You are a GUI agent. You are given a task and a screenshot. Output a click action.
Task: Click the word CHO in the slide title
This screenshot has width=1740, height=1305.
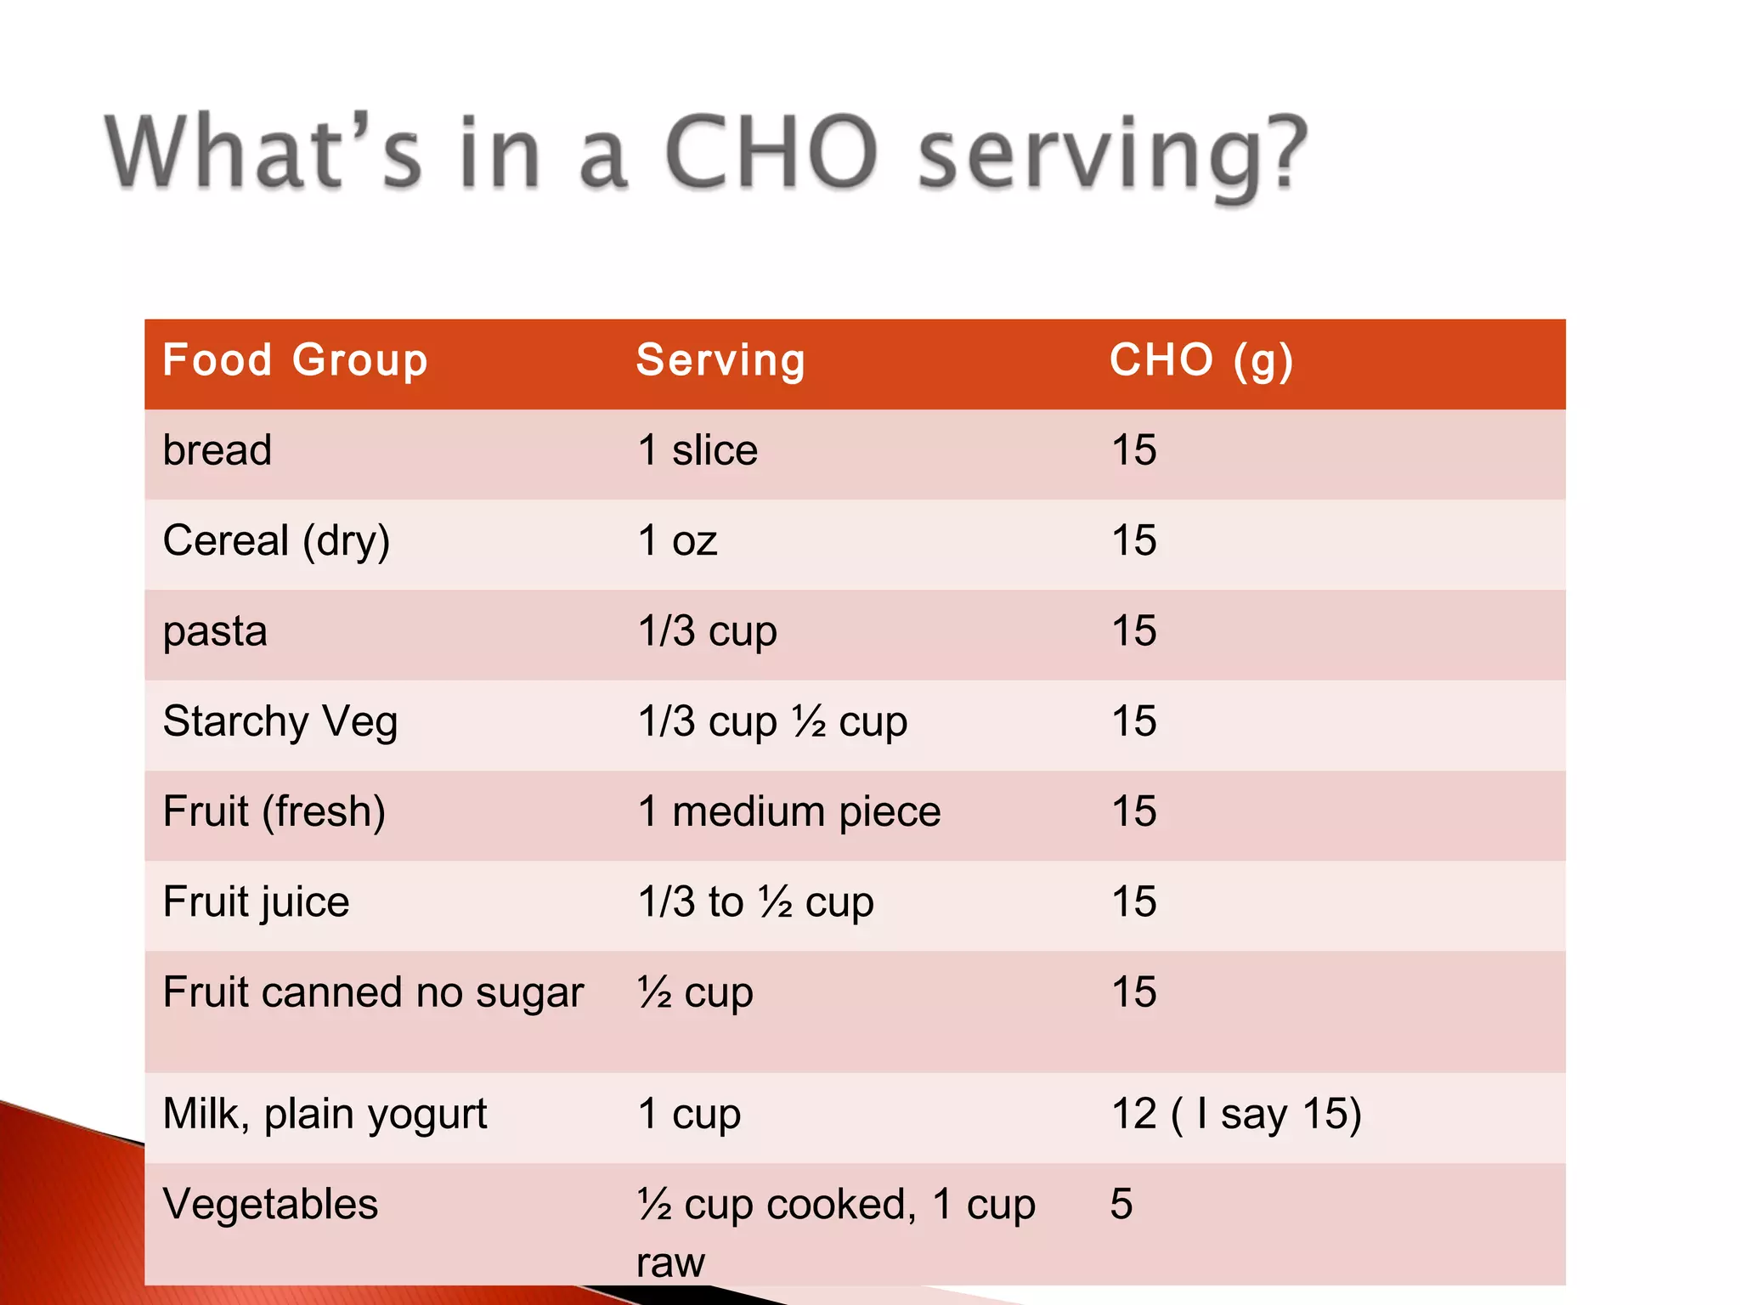(x=770, y=153)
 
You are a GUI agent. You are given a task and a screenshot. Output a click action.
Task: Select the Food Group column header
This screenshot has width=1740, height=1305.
(x=295, y=360)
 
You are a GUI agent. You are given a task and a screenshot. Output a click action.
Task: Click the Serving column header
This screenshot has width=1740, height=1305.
(x=720, y=360)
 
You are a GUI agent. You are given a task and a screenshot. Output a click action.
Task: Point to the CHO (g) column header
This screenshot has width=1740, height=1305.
(x=1200, y=360)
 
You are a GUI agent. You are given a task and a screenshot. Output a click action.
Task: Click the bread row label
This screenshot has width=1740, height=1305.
(x=217, y=450)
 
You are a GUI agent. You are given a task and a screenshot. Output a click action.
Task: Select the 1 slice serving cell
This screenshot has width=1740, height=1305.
(x=697, y=450)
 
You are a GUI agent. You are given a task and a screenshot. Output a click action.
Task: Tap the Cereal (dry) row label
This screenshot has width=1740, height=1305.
(x=276, y=541)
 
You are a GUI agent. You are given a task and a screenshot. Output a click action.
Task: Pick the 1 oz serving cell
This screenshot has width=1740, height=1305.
(x=677, y=541)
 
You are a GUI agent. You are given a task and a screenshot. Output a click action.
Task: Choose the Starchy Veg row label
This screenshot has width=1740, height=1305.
(x=280, y=722)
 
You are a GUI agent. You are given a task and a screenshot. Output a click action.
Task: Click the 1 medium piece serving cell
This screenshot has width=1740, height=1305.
(x=788, y=812)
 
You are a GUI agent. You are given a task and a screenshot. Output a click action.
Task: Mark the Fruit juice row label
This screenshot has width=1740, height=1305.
(x=256, y=902)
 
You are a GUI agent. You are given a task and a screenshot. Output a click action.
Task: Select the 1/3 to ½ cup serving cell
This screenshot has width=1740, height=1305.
(x=755, y=902)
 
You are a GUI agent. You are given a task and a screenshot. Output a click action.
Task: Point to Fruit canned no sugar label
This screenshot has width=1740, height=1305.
(x=373, y=992)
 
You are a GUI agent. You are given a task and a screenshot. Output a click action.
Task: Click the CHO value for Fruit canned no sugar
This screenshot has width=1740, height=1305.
(x=1133, y=992)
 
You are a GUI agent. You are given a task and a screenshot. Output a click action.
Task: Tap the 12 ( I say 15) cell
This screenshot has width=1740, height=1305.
(x=1236, y=1114)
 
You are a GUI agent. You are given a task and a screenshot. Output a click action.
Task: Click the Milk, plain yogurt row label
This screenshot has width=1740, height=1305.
(x=325, y=1114)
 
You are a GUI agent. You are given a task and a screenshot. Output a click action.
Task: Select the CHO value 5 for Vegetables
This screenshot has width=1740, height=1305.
(x=1121, y=1204)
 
